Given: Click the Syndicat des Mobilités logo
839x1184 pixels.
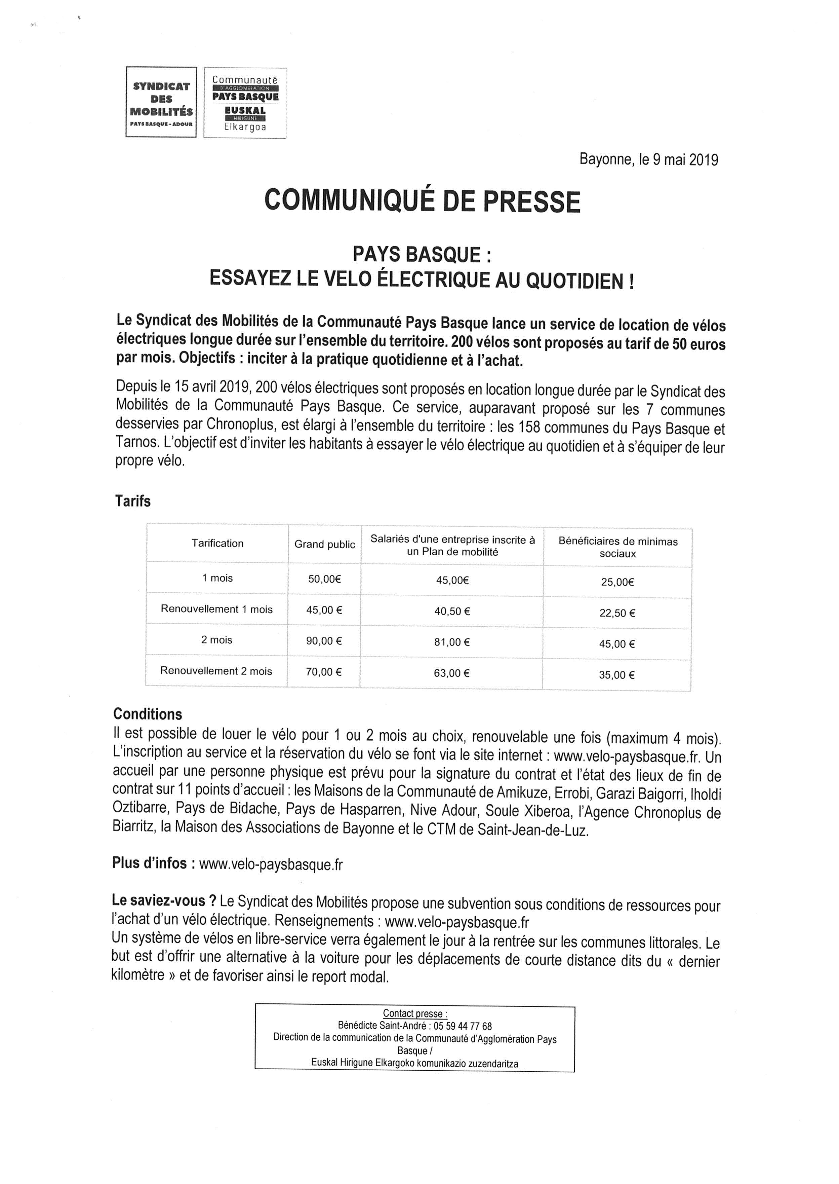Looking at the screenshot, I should pyautogui.click(x=161, y=102).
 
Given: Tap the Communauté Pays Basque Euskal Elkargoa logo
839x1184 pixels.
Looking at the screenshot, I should pyautogui.click(x=245, y=103).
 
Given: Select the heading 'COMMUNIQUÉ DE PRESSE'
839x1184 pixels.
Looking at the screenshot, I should pyautogui.click(x=422, y=201).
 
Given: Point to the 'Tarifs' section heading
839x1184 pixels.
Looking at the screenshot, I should pyautogui.click(x=133, y=501).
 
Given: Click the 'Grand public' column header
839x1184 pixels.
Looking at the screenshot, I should pyautogui.click(x=324, y=545).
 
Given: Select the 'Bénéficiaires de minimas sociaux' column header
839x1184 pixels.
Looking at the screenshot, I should pyautogui.click(x=617, y=547).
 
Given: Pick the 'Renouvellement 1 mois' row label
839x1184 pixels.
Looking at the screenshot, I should pyautogui.click(x=216, y=609).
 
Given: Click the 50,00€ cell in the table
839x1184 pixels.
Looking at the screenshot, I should pyautogui.click(x=324, y=580).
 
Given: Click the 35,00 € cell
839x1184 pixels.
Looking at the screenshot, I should pyautogui.click(x=617, y=675).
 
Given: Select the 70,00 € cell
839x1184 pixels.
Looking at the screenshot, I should pyautogui.click(x=324, y=672).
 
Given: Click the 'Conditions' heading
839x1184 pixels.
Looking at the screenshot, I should pyautogui.click(x=148, y=714).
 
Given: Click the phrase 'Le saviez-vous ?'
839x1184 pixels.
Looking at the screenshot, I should pyautogui.click(x=164, y=901).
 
